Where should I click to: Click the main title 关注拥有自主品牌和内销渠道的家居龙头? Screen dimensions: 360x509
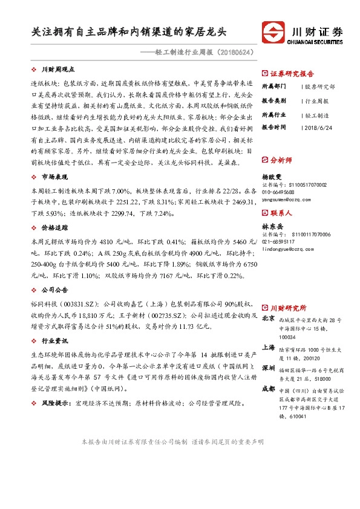pyautogui.click(x=131, y=32)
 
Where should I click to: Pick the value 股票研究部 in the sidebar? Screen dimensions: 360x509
pyautogui.click(x=318, y=86)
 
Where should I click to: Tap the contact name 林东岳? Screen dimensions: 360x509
pyautogui.click(x=273, y=226)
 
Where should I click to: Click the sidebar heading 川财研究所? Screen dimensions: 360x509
pyautogui.click(x=288, y=308)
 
